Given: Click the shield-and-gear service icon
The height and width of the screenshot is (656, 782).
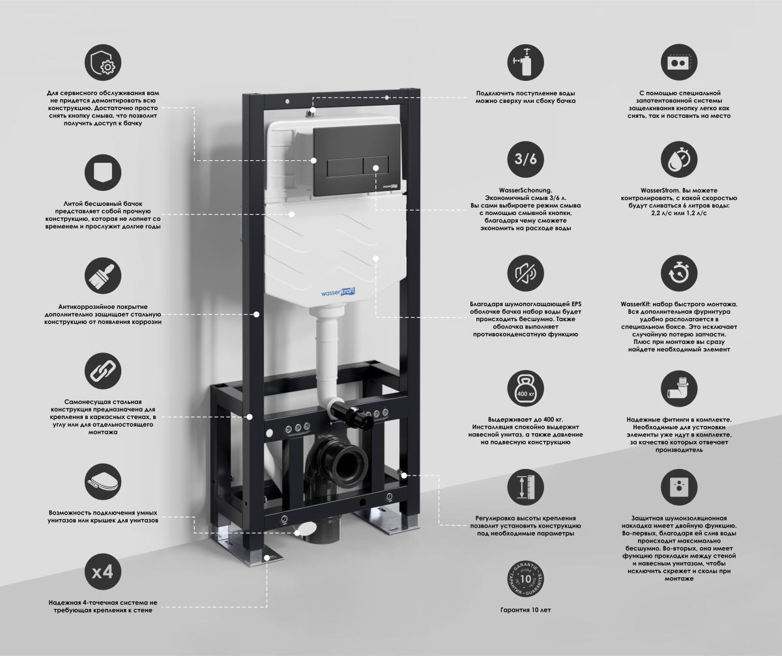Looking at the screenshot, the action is pos(103,63).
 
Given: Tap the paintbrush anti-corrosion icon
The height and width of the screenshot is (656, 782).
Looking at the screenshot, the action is pos(103,276).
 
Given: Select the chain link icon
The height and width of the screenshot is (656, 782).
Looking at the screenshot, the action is pos(103,371).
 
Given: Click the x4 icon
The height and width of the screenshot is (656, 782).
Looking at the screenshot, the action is pos(103,572).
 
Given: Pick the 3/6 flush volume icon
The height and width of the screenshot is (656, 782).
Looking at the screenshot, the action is pos(525,159).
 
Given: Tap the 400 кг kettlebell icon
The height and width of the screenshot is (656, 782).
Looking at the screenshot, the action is pos(525,388).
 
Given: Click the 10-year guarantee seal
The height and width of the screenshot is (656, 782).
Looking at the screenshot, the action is pos(525,579).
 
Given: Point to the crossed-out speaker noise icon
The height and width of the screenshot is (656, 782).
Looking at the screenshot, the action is pos(525,274).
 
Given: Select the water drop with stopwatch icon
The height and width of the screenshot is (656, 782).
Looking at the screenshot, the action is pos(679,159).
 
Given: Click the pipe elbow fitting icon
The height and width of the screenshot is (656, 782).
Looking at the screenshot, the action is pos(679,388).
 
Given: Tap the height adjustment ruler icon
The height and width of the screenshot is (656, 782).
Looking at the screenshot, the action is pos(525,487).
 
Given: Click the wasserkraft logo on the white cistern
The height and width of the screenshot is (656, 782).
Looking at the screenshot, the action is pos(338,292).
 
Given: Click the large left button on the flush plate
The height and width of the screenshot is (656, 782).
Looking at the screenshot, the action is pos(345,167).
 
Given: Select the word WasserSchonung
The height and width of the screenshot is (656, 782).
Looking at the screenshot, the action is pos(525,190).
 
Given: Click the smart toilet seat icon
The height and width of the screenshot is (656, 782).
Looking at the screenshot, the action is pos(103,482).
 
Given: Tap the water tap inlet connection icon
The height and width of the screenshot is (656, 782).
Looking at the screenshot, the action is pos(525,63).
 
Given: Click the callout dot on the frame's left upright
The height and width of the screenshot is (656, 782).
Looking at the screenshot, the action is pos(257,315).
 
